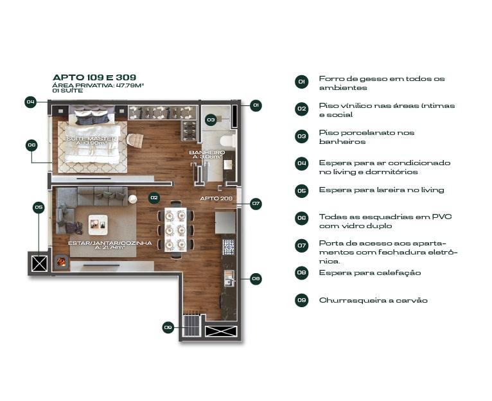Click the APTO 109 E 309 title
94,77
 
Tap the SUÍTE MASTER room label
91,138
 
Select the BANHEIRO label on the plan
207,152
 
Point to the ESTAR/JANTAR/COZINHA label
110,243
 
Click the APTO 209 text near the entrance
216,198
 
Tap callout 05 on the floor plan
39,208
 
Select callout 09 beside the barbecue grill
168,328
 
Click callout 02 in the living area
154,197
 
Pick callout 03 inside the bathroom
211,120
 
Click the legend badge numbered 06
301,218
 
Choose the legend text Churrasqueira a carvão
373,300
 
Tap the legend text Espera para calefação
370,272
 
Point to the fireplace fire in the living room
61,262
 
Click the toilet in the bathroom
228,141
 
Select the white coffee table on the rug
98,225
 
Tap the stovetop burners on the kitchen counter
229,247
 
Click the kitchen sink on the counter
229,278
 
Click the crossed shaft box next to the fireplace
40,263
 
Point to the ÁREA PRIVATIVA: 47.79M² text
98,85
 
